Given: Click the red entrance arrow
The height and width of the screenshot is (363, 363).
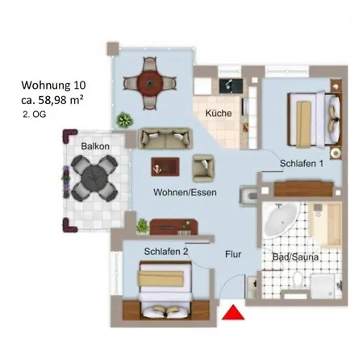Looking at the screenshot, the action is point(233,313).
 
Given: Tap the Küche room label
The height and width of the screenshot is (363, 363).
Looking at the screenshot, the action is point(219,113).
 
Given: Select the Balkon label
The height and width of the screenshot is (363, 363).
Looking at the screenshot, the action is point(95,146).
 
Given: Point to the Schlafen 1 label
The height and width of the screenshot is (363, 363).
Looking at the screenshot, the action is point(302,163).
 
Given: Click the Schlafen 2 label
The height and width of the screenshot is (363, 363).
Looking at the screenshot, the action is point(166,252).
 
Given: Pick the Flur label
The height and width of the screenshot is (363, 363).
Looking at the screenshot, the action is point(233,254).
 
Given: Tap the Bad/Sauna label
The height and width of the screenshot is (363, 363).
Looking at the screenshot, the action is point(295,257).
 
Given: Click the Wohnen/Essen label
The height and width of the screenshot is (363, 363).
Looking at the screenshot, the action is point(185,192).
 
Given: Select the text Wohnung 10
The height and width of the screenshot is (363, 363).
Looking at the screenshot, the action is point(53,86).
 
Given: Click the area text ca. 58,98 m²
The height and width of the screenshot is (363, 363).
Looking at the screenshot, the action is point(52,100).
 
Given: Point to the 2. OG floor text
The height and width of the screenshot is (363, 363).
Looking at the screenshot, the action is point(35,115).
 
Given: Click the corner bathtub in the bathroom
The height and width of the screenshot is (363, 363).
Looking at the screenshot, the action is point(281,219).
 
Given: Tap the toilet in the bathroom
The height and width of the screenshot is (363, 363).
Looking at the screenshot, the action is point(298,279).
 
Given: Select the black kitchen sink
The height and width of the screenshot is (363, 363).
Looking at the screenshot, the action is point(231,86).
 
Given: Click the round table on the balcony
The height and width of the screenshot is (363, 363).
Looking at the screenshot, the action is point(94,178).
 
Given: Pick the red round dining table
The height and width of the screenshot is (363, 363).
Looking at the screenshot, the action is point(150,83).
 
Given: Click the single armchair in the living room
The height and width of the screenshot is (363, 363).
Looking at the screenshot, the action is point(203,169).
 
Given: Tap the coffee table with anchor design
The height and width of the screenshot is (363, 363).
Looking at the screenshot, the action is point(165,167).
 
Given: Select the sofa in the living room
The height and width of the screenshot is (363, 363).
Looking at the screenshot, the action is point(165,138).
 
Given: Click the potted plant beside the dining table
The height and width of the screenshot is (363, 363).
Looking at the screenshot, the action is point(124,120).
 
